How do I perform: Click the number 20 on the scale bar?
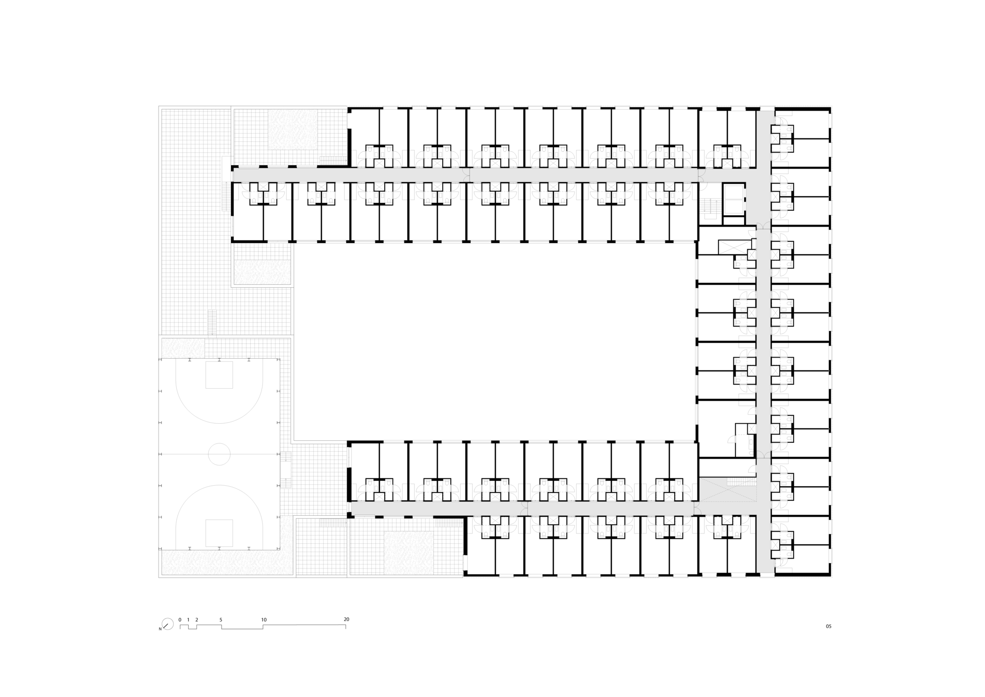[346, 619]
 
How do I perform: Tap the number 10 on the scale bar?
[264, 620]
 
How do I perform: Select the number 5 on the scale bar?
[221, 620]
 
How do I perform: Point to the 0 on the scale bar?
[180, 620]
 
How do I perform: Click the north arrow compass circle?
[167, 624]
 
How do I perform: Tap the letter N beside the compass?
[160, 629]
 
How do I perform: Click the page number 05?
[828, 627]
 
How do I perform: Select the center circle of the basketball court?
[219, 454]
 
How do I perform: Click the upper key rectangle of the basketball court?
[219, 375]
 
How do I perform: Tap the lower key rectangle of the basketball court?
[219, 532]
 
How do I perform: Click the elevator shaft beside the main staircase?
[734, 200]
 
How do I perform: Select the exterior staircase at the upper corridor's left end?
[227, 197]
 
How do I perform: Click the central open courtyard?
[492, 340]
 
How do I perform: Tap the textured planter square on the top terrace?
[293, 129]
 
